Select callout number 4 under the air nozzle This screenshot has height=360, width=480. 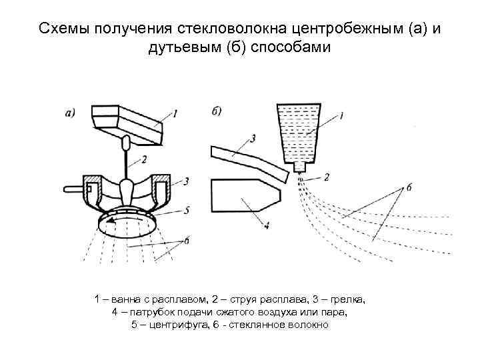[x=267, y=226]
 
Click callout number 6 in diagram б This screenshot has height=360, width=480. [x=408, y=188]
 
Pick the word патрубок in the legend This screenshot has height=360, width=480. [x=156, y=311]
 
